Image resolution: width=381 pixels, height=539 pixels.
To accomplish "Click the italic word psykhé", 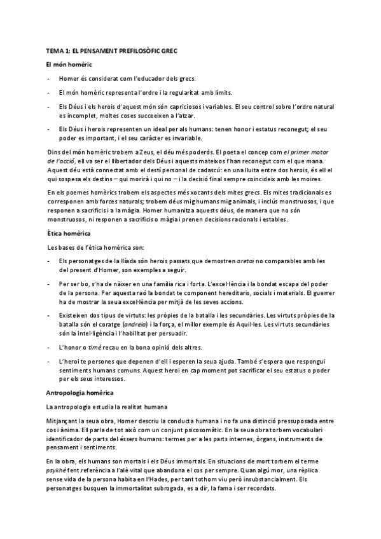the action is (x=57, y=470).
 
